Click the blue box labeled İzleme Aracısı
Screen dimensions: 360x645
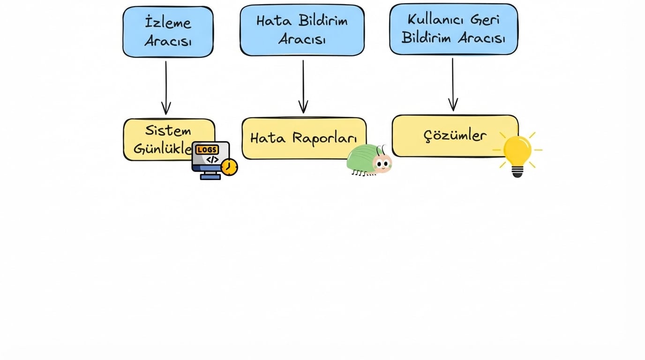click(x=168, y=32)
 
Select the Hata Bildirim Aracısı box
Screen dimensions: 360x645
click(x=302, y=30)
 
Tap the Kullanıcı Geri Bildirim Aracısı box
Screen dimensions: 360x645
click(x=453, y=29)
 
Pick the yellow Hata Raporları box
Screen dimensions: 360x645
click(x=303, y=138)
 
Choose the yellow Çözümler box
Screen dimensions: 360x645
click(x=455, y=136)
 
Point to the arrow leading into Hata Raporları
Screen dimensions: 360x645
click(x=303, y=86)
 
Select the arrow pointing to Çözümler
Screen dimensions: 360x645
click(x=452, y=85)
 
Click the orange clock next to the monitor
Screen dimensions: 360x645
click(x=229, y=167)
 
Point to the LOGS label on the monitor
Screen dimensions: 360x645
click(x=207, y=150)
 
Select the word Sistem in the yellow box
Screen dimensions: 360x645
click(x=168, y=130)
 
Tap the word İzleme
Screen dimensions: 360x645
click(x=168, y=22)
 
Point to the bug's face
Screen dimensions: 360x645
click(x=382, y=164)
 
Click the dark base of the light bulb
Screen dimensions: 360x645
click(x=517, y=172)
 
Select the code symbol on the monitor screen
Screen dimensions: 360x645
click(x=212, y=159)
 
